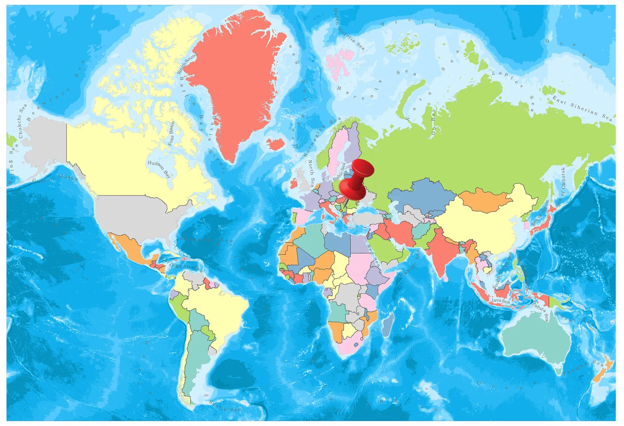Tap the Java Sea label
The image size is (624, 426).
click(500, 301)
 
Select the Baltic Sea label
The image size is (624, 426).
click(340, 172)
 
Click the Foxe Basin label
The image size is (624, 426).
click(171, 133)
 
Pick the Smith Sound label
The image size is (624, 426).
click(187, 63)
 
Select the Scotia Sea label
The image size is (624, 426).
click(225, 406)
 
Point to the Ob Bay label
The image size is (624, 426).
click(434, 122)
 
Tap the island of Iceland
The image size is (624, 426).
click(276, 144)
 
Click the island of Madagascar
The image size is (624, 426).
click(388, 323)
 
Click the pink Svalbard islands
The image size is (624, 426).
click(340, 63)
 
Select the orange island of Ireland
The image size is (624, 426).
click(293, 184)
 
